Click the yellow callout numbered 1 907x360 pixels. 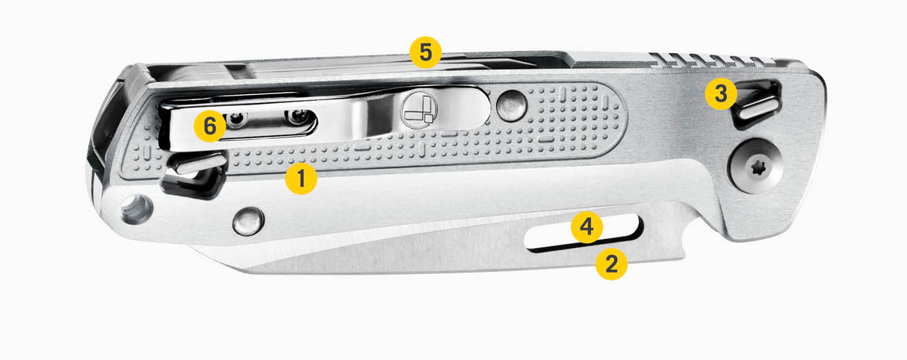click(x=301, y=179)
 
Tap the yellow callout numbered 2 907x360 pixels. click(x=611, y=264)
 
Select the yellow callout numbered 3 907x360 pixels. click(x=721, y=94)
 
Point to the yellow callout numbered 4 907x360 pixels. click(x=586, y=227)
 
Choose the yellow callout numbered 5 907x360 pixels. click(x=425, y=52)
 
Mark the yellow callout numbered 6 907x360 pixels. click(x=210, y=126)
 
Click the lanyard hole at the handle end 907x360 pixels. click(x=137, y=210)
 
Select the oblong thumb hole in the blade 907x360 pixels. click(x=584, y=234)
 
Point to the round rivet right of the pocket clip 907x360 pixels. click(x=512, y=106)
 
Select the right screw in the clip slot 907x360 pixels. click(x=299, y=117)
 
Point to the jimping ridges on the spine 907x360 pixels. click(x=713, y=59)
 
